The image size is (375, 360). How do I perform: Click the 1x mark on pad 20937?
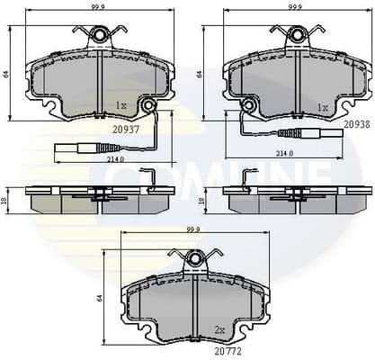[121, 105]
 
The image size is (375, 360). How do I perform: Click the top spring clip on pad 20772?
[195, 259]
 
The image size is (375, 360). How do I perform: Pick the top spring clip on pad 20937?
[99, 35]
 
